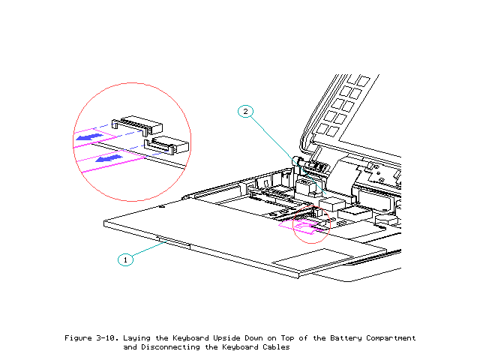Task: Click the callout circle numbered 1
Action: (x=125, y=259)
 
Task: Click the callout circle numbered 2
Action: (x=245, y=112)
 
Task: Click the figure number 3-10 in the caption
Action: (x=112, y=338)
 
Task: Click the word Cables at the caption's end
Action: (x=274, y=347)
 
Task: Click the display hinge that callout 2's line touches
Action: (x=295, y=160)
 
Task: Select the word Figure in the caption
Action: (x=79, y=338)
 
